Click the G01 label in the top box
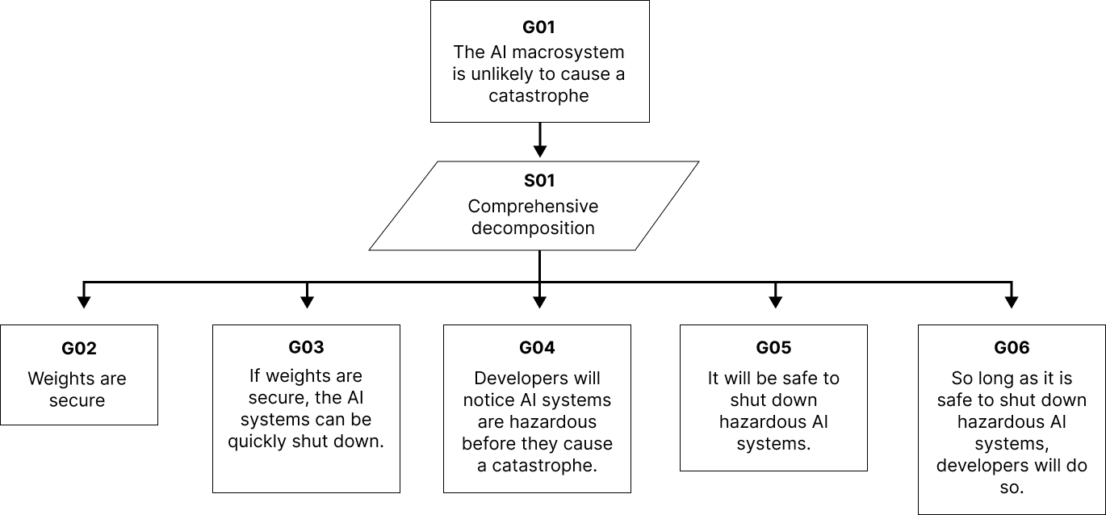point(539,27)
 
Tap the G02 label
point(78,349)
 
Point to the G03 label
point(306,347)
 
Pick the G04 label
point(537,348)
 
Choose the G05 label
point(773,348)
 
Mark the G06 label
point(1012,347)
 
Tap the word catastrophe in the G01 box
point(538,96)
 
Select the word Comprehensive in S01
point(533,206)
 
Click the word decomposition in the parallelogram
point(533,228)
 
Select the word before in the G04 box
point(489,444)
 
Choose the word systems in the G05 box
point(773,444)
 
